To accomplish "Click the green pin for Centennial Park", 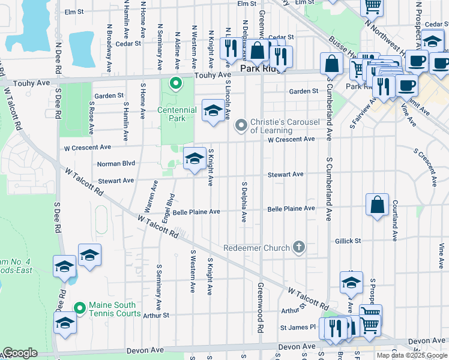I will click(x=176, y=83).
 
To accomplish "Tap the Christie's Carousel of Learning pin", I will click(x=241, y=125).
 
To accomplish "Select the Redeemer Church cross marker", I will click(x=298, y=247).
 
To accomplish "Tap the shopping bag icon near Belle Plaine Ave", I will click(x=377, y=205).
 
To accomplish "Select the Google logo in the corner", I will click(x=19, y=353).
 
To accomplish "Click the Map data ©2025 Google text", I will click(x=412, y=355).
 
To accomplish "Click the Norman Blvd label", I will click(x=116, y=163).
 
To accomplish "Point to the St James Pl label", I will click(x=297, y=327).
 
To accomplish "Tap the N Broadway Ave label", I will click(x=110, y=38).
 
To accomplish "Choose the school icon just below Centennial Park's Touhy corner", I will click(x=212, y=110).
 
